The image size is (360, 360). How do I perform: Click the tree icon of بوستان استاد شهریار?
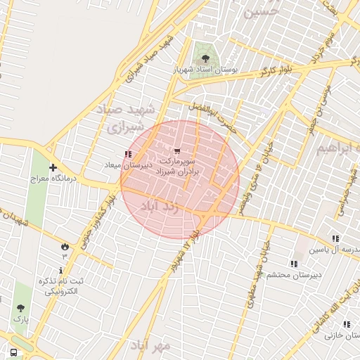coord(205,59)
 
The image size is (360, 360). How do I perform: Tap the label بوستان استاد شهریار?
coord(206,71)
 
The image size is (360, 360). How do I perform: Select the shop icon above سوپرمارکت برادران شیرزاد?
coord(176,150)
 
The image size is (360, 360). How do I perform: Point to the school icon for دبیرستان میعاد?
coord(127,154)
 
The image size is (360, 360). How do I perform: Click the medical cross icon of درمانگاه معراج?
coord(53,167)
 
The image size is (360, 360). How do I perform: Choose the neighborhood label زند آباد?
coord(160,207)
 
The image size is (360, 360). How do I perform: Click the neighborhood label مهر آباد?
coord(150,345)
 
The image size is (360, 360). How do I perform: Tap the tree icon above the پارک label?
coord(20,308)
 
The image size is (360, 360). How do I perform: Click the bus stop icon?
coord(13,352)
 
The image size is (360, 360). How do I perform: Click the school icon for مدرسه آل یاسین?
coord(335,238)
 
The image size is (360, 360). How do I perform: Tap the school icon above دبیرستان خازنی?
coord(347,324)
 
